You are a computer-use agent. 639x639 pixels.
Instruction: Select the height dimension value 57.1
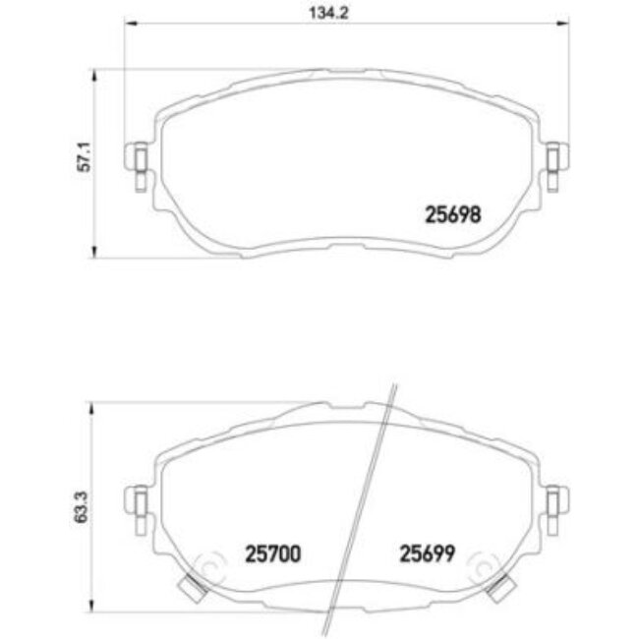[84, 159]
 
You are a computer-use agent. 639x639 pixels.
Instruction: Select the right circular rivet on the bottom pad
[481, 569]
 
